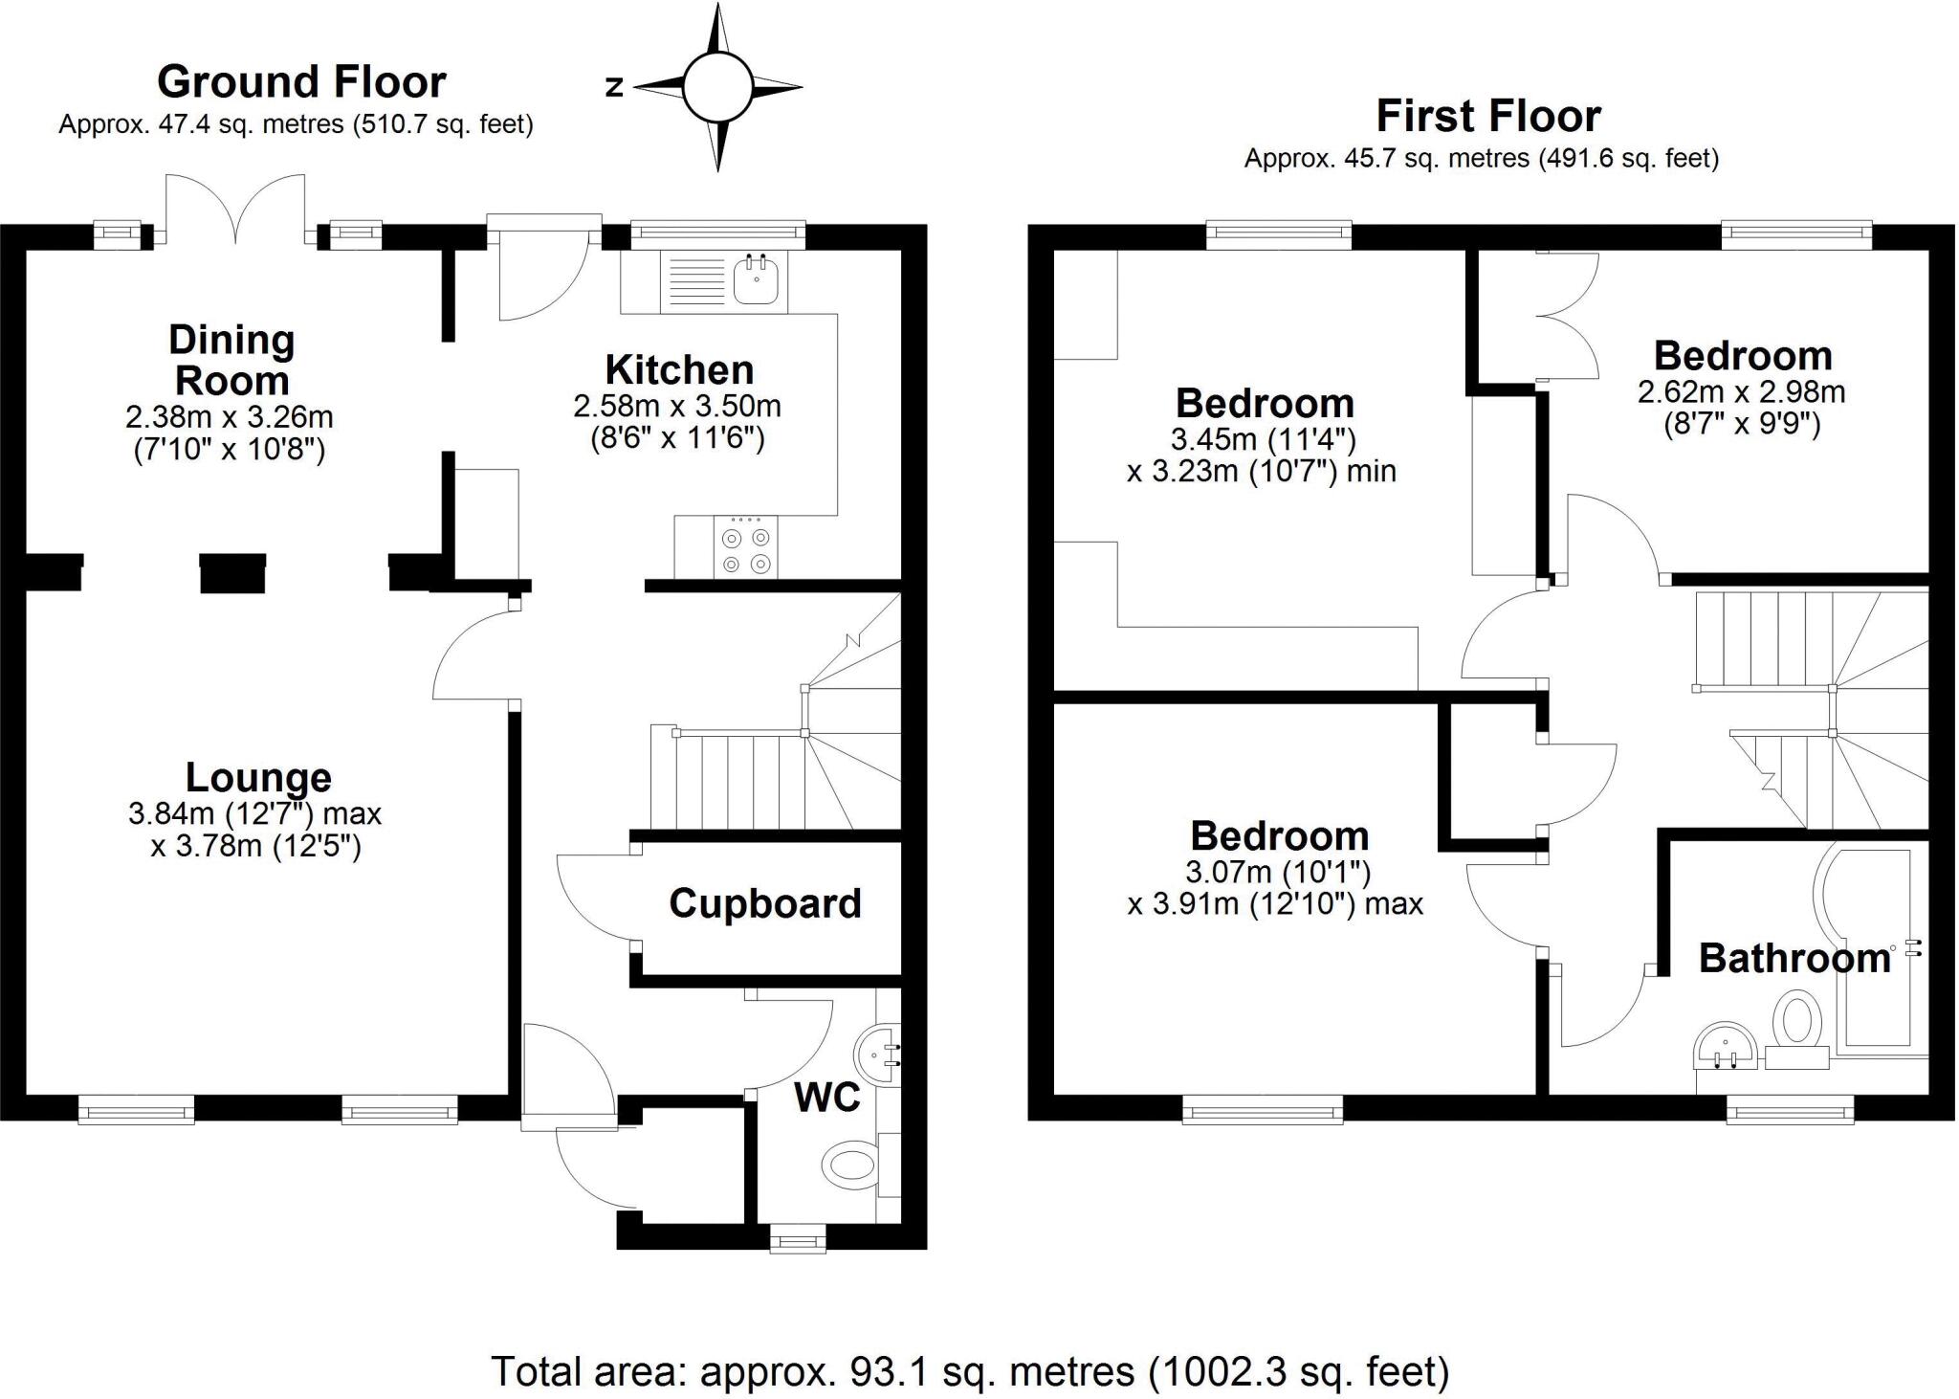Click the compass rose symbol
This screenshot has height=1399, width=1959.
(x=717, y=87)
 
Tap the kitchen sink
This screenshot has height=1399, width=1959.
(x=757, y=279)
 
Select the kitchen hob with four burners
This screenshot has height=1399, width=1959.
(x=745, y=550)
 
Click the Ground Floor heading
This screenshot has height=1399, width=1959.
(x=301, y=82)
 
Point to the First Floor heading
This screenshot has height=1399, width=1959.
(x=1487, y=117)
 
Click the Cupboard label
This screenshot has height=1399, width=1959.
(x=764, y=903)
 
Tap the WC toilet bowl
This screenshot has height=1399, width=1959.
(x=848, y=1164)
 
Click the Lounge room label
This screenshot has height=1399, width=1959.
(x=258, y=777)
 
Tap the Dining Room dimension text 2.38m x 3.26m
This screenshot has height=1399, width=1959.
(x=230, y=417)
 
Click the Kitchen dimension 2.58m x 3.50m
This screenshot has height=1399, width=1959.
(x=677, y=407)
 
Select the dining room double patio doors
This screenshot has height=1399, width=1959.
(x=236, y=211)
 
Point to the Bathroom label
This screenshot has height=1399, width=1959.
(x=1794, y=959)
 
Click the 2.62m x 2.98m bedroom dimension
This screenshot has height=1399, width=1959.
(x=1741, y=392)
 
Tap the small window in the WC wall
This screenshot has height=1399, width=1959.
(x=799, y=1242)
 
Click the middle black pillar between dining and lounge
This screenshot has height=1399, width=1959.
(x=232, y=573)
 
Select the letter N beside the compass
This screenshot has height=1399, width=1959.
(x=614, y=87)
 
